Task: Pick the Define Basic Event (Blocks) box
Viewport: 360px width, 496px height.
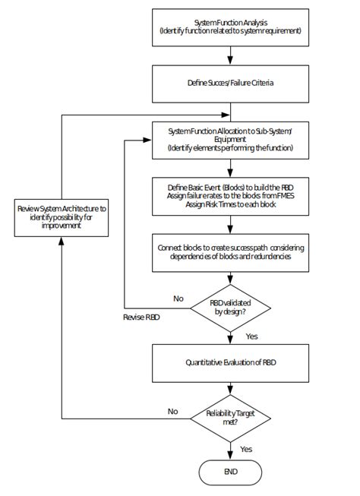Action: pos(230,195)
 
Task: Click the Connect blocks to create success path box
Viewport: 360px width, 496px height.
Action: pos(230,253)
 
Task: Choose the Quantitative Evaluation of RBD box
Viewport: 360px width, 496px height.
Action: pos(230,364)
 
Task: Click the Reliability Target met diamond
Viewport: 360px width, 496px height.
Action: pos(229,418)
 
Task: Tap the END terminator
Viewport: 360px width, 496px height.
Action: pos(230,472)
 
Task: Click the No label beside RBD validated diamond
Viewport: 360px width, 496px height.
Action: pos(178,299)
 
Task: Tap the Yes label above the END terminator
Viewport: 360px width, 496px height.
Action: pos(246,449)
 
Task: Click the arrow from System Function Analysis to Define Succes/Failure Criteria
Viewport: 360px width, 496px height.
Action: pos(230,57)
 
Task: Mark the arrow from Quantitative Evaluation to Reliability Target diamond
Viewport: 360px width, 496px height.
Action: pos(230,390)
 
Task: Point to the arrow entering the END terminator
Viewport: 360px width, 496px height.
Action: pos(230,450)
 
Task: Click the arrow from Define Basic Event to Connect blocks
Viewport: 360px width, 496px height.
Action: pos(230,224)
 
